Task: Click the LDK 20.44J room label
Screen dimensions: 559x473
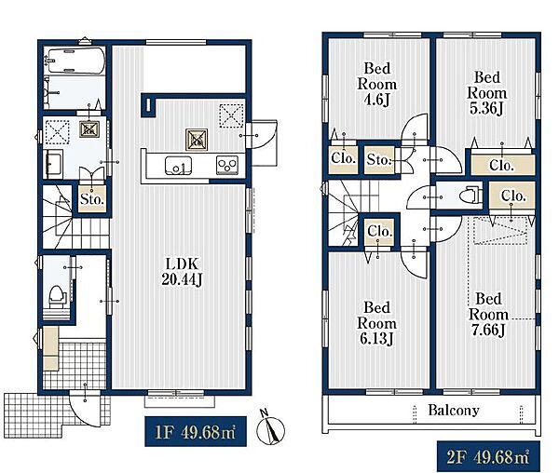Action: tap(182, 272)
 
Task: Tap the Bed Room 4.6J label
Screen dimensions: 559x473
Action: tap(377, 84)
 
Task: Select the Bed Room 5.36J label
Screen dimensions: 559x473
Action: tap(487, 93)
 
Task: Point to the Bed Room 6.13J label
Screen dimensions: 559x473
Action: tap(376, 323)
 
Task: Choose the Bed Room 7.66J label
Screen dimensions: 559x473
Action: tap(489, 315)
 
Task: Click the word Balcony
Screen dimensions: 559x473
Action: tap(454, 410)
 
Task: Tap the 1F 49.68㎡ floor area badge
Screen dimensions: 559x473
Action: tap(196, 431)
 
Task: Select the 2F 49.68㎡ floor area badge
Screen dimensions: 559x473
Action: tap(488, 456)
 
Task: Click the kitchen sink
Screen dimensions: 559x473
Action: tap(178, 166)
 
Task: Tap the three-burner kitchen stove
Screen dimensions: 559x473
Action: tap(227, 165)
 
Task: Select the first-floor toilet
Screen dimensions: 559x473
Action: tap(57, 297)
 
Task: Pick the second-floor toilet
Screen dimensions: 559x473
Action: tap(470, 196)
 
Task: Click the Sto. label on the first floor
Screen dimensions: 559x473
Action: tap(92, 199)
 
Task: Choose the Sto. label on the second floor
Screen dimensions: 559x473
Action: tap(379, 159)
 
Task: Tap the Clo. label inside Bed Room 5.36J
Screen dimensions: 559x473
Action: tap(501, 165)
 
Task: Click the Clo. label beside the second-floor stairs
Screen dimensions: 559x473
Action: tap(380, 231)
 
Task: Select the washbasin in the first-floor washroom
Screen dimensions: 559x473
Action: tap(53, 164)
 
